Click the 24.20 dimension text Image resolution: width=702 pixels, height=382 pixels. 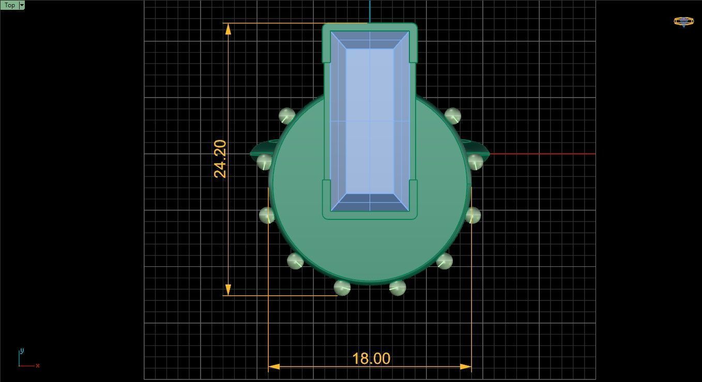(x=220, y=159)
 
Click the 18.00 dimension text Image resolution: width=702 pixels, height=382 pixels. (x=371, y=359)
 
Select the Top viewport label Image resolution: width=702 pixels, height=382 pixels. (x=9, y=5)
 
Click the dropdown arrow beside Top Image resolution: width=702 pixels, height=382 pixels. (x=22, y=5)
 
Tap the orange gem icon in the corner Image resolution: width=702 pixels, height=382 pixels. (x=683, y=22)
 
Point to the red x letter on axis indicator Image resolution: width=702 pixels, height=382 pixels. (x=38, y=365)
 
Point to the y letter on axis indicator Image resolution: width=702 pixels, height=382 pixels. (x=22, y=351)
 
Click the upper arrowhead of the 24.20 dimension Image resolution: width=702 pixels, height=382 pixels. (x=228, y=29)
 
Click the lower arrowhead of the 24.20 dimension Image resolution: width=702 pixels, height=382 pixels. (x=228, y=290)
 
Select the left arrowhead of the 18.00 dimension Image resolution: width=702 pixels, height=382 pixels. (x=274, y=367)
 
